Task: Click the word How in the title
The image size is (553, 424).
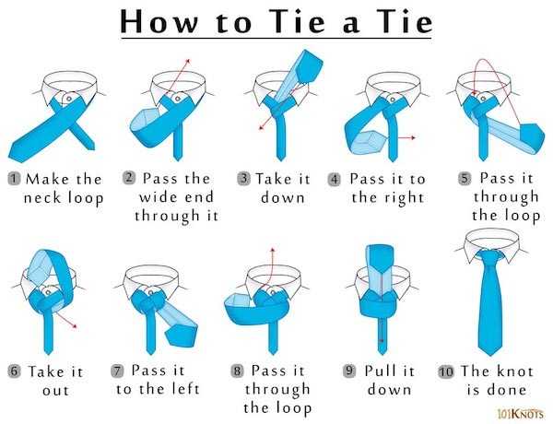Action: [x=159, y=22]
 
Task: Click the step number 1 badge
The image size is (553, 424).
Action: [x=14, y=179]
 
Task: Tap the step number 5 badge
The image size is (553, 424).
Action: [x=465, y=179]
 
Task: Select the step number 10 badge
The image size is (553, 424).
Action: [x=446, y=371]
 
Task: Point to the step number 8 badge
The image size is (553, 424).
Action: [x=238, y=371]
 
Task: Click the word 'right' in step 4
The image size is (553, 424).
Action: [x=405, y=198]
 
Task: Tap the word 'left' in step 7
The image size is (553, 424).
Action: [x=186, y=389]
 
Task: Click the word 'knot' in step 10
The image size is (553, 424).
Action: [x=515, y=371]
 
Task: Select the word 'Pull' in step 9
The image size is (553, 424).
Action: [x=378, y=371]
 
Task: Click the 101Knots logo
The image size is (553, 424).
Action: [x=521, y=413]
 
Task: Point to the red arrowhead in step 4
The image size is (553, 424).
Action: [x=413, y=137]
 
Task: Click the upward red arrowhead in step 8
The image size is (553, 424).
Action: [x=273, y=250]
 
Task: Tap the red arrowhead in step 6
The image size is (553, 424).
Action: [x=75, y=326]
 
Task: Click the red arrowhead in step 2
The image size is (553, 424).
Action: [x=188, y=61]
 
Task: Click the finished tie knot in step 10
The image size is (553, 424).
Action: [x=490, y=257]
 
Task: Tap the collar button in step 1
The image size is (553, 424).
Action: [x=69, y=99]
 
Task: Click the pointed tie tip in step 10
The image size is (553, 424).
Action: [x=490, y=354]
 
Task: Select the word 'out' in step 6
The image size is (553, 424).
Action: [x=55, y=390]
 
